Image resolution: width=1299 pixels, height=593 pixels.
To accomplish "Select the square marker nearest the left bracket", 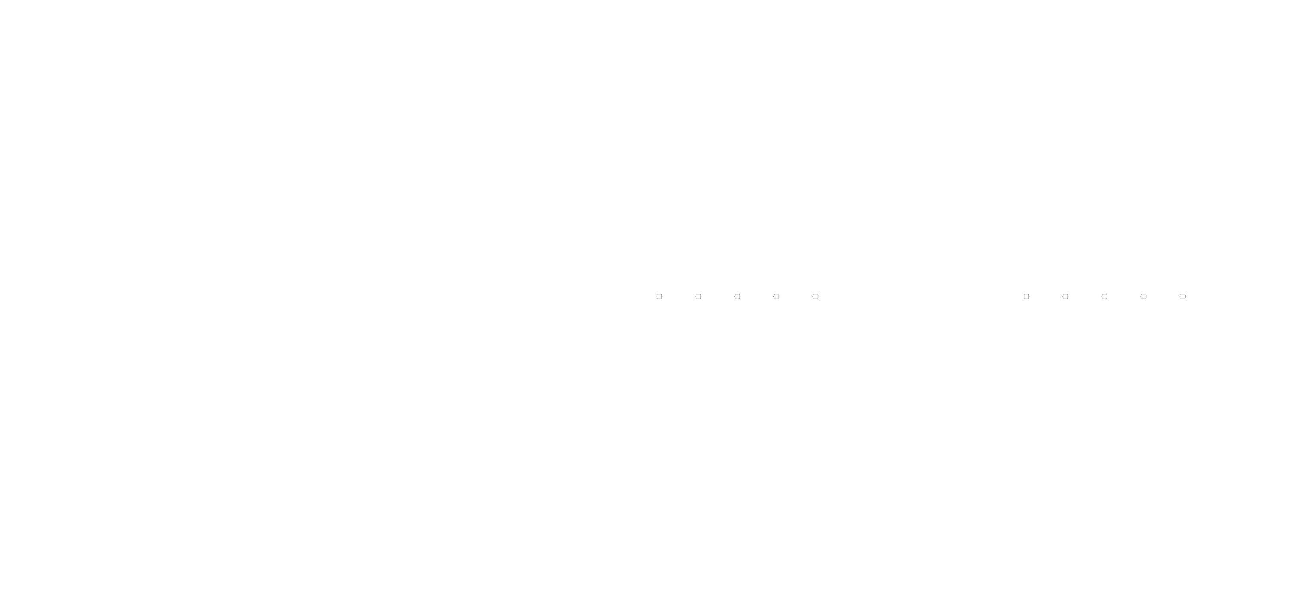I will click(x=815, y=296).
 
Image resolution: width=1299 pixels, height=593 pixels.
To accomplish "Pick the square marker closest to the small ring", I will click(x=659, y=296).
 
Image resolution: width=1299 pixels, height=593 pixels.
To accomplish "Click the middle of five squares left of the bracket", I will click(x=737, y=296).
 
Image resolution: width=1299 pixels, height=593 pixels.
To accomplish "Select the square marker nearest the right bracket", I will click(x=1026, y=296).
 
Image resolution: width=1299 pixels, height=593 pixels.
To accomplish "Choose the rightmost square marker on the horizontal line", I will click(x=1183, y=296).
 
